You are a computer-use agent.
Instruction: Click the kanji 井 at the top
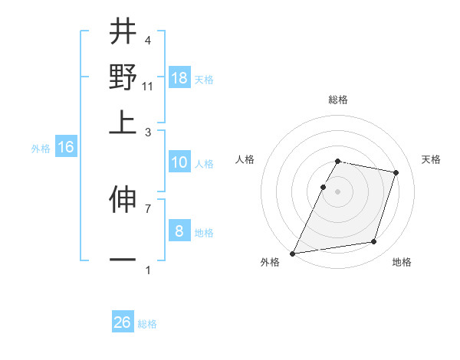tap(123, 32)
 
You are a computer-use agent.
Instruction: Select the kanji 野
tap(123, 77)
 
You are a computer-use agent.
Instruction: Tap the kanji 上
tap(123, 121)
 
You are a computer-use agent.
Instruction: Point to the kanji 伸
tap(123, 201)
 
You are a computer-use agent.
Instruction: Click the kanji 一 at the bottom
tap(123, 260)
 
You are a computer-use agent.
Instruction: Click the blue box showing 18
tap(179, 78)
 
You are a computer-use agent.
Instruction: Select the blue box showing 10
tap(179, 162)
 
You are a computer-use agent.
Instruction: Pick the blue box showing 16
tap(66, 148)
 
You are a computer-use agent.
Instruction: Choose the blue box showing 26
tap(123, 322)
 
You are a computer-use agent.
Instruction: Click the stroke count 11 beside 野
tap(149, 87)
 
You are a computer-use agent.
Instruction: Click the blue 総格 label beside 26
tap(148, 324)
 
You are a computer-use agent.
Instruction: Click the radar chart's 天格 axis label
tap(432, 159)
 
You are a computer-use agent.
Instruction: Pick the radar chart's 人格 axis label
tap(245, 159)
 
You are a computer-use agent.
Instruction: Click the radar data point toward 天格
tap(396, 173)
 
